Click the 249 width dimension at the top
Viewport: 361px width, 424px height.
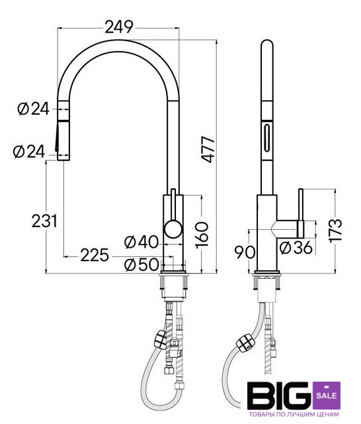[119, 27]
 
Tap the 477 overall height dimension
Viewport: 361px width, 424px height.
[208, 150]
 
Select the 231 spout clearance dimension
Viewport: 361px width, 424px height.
[44, 221]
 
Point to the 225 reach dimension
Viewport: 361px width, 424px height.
[95, 255]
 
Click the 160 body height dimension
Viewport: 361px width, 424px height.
[202, 235]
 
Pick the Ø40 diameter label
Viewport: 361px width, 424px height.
[141, 242]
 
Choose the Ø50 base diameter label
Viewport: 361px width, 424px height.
[141, 264]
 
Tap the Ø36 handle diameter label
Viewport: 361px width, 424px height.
[296, 247]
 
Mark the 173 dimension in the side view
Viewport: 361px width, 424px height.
[336, 231]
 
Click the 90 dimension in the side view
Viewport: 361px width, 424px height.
[245, 252]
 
